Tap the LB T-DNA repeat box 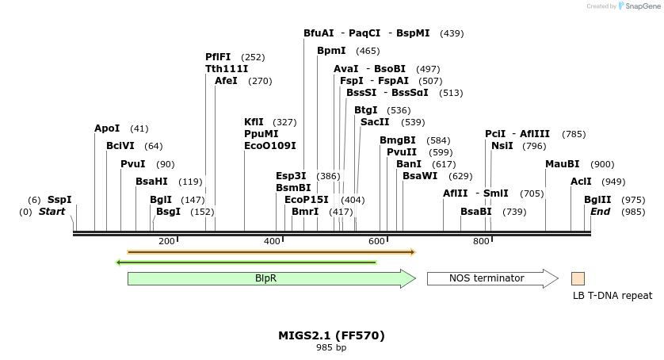click(x=578, y=278)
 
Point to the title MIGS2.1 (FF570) click(x=331, y=335)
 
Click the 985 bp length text click(x=331, y=347)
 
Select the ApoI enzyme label click(x=107, y=128)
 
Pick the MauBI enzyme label click(x=562, y=164)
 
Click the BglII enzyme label click(x=597, y=200)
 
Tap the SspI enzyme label click(x=59, y=200)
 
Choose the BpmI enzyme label click(x=331, y=51)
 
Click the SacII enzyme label click(x=375, y=122)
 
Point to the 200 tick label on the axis click(x=166, y=241)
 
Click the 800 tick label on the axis click(x=481, y=241)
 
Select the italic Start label click(x=52, y=212)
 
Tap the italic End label click(x=600, y=212)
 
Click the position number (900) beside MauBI click(x=602, y=164)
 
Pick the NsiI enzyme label click(x=502, y=146)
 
